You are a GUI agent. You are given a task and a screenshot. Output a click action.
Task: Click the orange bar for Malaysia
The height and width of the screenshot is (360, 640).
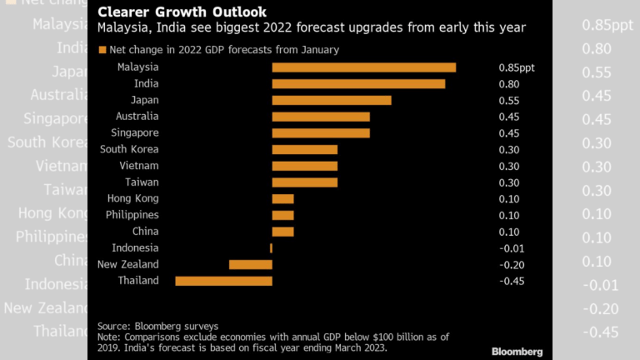point(363,67)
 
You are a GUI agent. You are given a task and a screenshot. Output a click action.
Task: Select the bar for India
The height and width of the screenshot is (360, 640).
point(358,84)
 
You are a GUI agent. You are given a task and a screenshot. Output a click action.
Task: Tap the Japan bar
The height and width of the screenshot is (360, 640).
point(331,100)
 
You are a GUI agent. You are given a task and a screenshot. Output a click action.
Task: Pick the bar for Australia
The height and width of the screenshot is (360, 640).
point(320,117)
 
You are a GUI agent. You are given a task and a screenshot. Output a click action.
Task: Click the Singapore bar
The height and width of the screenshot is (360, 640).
point(320,132)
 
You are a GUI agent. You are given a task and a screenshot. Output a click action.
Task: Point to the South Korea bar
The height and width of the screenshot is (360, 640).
point(304,149)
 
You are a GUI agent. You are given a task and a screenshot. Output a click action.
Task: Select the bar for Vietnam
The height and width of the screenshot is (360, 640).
point(304,166)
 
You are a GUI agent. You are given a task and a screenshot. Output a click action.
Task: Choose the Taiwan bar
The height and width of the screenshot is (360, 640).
point(304,182)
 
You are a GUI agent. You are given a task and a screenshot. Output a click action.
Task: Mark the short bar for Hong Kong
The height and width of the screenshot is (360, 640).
point(282,198)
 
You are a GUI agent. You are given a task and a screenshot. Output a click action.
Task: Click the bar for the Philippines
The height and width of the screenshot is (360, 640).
point(282,215)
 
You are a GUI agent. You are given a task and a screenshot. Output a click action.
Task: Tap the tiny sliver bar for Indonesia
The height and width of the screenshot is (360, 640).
point(271,247)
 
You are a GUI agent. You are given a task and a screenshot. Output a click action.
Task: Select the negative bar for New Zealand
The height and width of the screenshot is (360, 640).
point(250,264)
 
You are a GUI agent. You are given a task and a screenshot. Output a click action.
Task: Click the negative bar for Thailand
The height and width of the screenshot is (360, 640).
point(223,281)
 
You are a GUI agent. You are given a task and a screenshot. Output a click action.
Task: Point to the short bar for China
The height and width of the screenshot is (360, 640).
point(282,231)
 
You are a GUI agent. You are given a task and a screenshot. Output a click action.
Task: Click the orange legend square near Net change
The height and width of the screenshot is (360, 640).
point(102,50)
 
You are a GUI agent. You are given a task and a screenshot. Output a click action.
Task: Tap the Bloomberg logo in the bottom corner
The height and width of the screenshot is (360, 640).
point(517,351)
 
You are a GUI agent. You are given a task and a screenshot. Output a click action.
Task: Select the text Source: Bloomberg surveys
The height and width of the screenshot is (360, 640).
point(157,326)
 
